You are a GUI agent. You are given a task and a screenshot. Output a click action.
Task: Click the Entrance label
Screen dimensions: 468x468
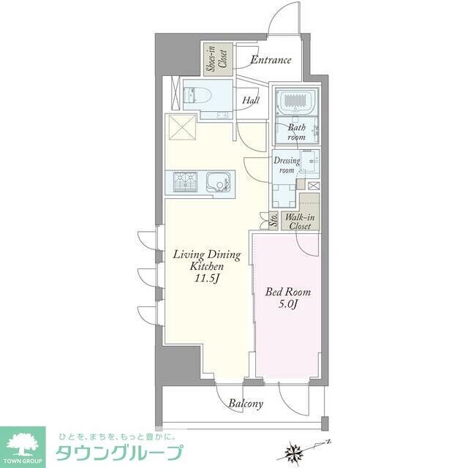(x=271, y=60)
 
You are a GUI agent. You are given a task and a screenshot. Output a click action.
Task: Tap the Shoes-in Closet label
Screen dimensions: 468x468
(x=218, y=58)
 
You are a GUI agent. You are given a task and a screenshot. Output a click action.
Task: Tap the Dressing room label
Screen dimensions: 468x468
(x=285, y=165)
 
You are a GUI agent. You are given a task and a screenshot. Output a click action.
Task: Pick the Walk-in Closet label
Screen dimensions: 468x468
(x=301, y=222)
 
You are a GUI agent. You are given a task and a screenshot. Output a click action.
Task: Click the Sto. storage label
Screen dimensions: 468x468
(x=273, y=222)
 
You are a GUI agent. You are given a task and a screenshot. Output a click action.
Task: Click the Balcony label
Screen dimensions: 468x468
(x=245, y=403)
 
